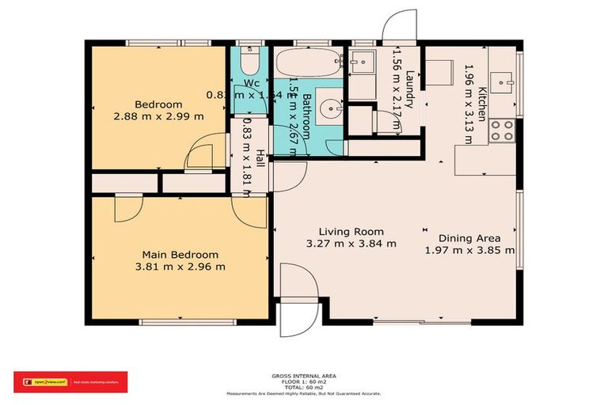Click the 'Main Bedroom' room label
coord(180,254)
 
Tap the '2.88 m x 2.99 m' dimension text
coord(158,116)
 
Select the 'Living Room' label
coord(351,231)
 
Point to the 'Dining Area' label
coord(469,237)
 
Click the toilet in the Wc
coord(249,62)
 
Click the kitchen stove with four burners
coord(501,130)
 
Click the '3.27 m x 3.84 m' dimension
coord(351,244)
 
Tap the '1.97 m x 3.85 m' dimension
coord(469,250)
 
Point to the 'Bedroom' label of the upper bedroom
coord(158,104)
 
